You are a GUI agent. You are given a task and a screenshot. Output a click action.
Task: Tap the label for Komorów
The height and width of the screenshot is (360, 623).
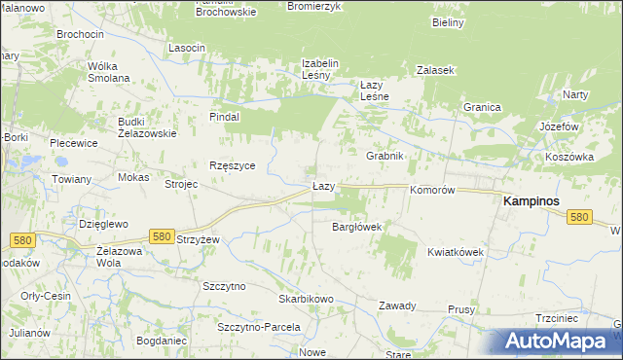432,191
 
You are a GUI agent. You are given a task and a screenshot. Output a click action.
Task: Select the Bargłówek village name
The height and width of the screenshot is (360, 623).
356,227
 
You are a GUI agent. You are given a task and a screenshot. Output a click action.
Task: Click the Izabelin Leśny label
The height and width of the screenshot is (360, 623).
319,69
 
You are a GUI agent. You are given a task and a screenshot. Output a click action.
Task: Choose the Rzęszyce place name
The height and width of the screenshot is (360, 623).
232,165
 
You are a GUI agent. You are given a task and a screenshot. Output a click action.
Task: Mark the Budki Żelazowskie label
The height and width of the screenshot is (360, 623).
146,127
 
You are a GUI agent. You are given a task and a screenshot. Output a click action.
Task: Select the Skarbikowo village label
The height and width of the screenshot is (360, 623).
306,299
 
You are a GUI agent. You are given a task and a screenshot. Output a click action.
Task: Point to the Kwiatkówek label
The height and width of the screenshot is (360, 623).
455,252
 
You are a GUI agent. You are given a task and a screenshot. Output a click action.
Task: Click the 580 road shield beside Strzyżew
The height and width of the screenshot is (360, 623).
163,236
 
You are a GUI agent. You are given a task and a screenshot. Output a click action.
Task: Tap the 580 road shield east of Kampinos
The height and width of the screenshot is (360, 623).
579,217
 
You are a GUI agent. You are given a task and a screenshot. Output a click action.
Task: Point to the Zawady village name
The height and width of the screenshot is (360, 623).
397,306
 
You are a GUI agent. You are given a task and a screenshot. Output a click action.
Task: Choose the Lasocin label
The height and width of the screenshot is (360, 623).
186,48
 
